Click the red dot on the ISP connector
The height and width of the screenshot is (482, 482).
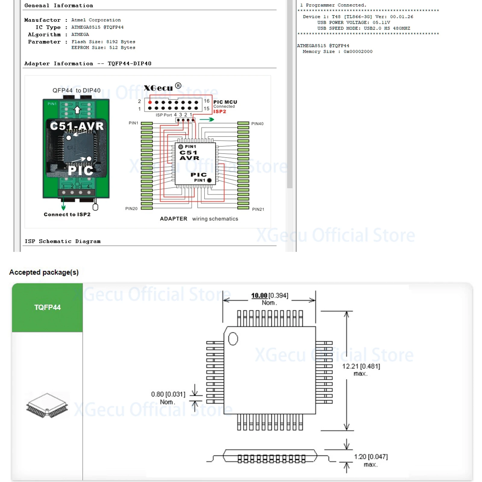(150, 102)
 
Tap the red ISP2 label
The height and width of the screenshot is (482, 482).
(220, 111)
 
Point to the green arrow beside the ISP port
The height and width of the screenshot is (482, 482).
(207, 120)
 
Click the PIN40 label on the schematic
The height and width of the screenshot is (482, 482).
(257, 124)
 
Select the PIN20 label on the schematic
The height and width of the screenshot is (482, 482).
(131, 208)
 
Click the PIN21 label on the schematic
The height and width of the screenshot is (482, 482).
(258, 209)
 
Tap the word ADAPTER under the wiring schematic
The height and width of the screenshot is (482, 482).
(174, 219)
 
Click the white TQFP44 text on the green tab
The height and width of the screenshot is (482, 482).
(47, 307)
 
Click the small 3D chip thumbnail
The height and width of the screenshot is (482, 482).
(47, 405)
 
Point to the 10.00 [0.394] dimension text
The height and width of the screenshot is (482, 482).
(270, 296)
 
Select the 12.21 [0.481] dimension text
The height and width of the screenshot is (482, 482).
(361, 366)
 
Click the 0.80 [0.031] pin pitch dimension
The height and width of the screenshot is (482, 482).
(168, 394)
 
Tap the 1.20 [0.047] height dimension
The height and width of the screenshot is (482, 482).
(371, 457)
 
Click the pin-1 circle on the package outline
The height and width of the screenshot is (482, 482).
(233, 339)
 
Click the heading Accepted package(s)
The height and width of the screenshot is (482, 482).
(44, 272)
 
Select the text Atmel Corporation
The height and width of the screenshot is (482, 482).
(96, 20)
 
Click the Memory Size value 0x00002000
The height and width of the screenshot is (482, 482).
(358, 52)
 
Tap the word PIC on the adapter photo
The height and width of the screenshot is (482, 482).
(80, 171)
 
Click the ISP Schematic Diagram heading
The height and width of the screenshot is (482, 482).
(63, 241)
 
